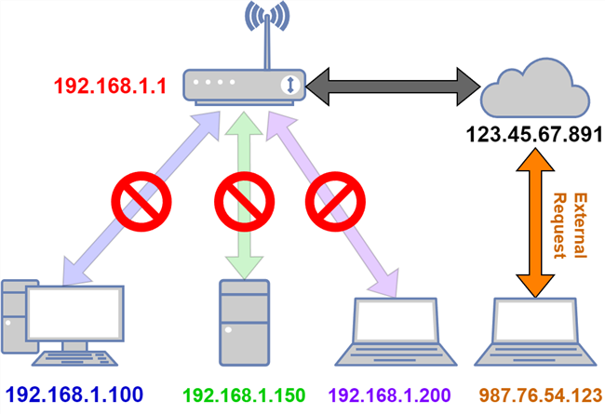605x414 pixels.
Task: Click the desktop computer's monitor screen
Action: (75, 314)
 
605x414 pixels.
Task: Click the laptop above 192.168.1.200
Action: (397, 331)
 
